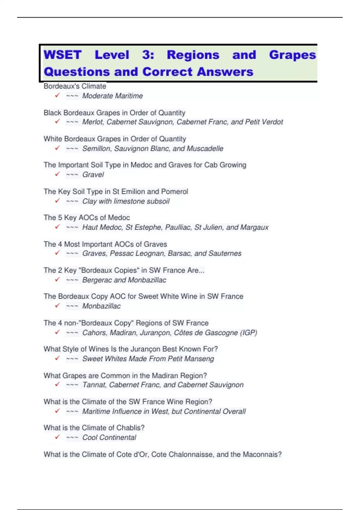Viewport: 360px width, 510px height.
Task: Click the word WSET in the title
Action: (x=63, y=55)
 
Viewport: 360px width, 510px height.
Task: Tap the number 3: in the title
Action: (x=148, y=55)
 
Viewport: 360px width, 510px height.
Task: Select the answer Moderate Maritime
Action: (x=112, y=96)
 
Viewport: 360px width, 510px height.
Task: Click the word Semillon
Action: (x=97, y=148)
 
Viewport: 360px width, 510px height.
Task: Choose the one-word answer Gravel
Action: (x=93, y=175)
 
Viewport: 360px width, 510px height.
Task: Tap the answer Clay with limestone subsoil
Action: (x=126, y=201)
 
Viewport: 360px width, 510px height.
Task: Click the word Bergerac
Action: (x=97, y=280)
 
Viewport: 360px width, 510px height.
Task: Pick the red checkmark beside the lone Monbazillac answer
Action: (x=57, y=306)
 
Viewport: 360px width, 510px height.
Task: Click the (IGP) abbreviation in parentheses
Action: (x=249, y=333)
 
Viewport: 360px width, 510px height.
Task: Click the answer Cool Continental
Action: (x=109, y=438)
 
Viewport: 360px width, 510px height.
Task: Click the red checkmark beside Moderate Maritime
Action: (x=57, y=95)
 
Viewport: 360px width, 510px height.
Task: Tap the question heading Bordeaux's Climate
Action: (x=75, y=86)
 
